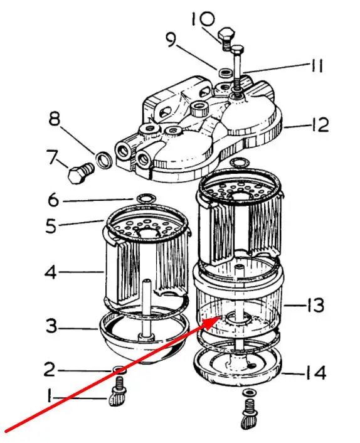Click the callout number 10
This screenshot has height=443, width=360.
[x=203, y=19]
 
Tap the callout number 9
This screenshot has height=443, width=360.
[x=171, y=40]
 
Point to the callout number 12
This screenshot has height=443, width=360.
[x=319, y=125]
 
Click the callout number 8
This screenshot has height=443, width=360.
[x=54, y=119]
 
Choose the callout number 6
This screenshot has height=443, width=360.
[x=53, y=200]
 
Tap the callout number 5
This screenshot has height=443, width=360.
[x=51, y=226]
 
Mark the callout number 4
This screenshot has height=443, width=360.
[x=51, y=272]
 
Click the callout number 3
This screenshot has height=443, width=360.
[x=51, y=326]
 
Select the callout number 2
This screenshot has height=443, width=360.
[x=50, y=369]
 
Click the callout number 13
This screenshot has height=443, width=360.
[x=315, y=305]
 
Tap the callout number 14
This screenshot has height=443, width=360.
[x=316, y=373]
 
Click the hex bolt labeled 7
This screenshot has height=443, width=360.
[x=81, y=173]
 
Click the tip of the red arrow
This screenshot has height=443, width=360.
[x=218, y=318]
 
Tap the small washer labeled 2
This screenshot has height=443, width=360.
[x=119, y=370]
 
